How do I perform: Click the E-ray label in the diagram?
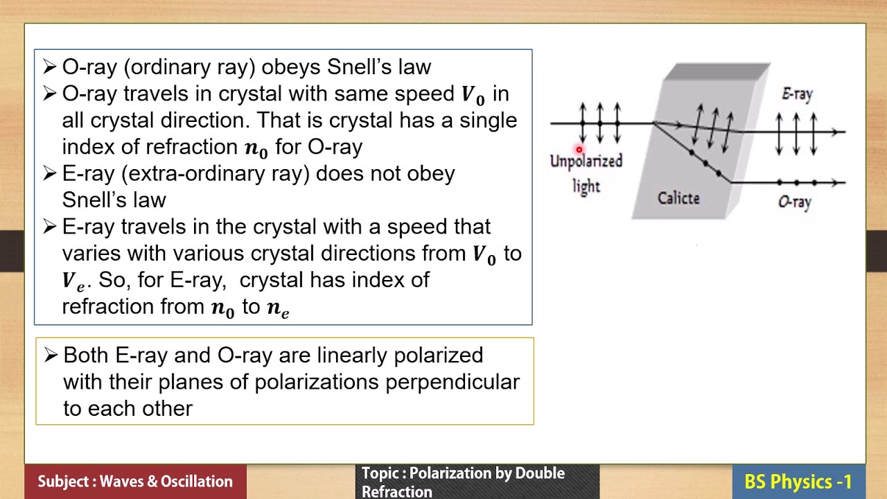click(x=797, y=94)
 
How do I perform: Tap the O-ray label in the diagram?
click(x=794, y=202)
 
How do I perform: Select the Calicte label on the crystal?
click(x=678, y=198)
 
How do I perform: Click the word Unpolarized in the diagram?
click(x=586, y=161)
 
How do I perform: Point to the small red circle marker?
click(x=579, y=150)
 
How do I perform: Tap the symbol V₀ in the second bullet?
click(x=473, y=95)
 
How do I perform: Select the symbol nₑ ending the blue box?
click(x=277, y=308)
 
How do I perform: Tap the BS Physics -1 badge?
click(x=798, y=482)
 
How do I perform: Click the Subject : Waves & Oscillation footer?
click(x=135, y=482)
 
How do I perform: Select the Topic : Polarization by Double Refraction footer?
click(x=463, y=482)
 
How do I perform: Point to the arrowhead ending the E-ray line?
click(x=841, y=132)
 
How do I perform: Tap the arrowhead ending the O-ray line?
click(x=841, y=183)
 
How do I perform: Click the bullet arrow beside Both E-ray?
click(x=51, y=356)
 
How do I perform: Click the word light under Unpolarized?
click(x=586, y=186)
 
